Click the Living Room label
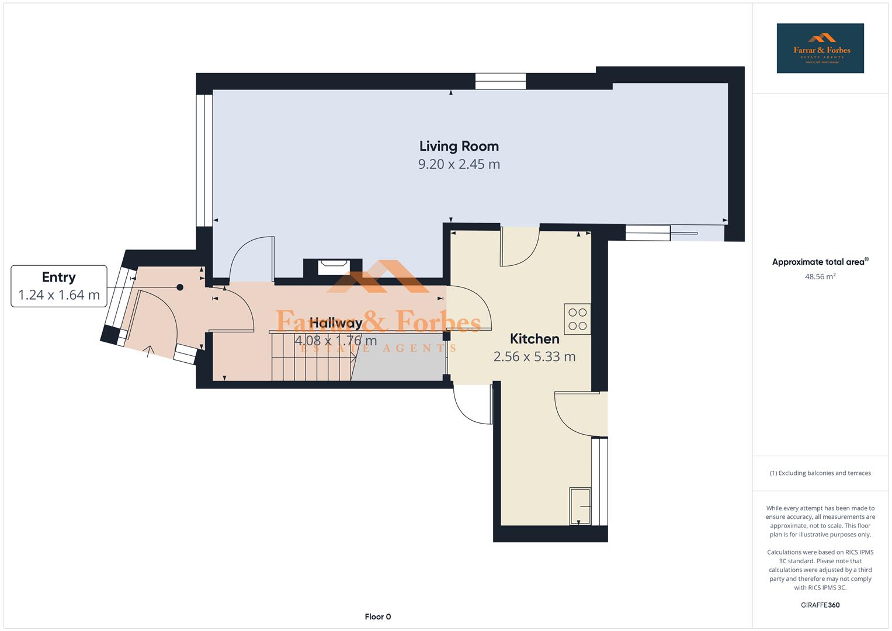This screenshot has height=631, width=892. coord(459,146)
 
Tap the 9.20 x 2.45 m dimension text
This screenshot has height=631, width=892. coord(459,164)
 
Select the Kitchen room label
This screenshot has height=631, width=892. coord(534,339)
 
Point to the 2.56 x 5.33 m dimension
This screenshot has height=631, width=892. coord(534,356)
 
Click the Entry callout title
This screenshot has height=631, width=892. coord(58,277)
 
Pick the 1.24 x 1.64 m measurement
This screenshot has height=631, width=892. coord(58,295)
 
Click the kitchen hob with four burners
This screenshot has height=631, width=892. coord(577,319)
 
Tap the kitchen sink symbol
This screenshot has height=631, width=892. coord(579,506)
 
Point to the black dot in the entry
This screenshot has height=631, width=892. coord(180,287)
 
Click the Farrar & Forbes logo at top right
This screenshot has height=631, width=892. coord(820,48)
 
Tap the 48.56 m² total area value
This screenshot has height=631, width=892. coord(820,277)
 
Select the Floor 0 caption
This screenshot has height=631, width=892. coord(377,616)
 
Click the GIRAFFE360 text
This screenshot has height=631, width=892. coord(820,605)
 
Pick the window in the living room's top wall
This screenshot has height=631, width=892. coord(501,81)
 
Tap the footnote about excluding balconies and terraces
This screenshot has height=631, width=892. coord(820,473)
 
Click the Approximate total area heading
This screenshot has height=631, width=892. coord(820,262)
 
